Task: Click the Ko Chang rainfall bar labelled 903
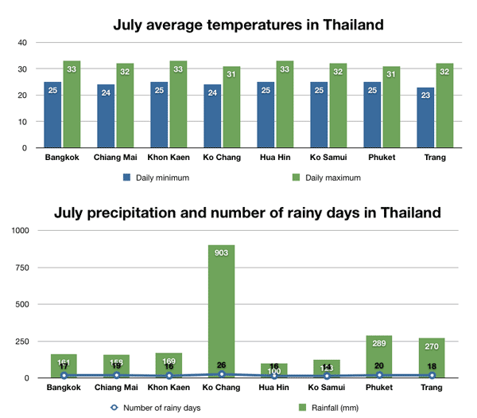(219, 311)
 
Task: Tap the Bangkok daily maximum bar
(72, 104)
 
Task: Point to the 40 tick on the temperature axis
(21, 42)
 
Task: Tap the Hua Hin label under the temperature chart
(274, 158)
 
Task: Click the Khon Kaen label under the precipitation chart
(168, 389)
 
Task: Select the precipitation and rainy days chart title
(248, 214)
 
